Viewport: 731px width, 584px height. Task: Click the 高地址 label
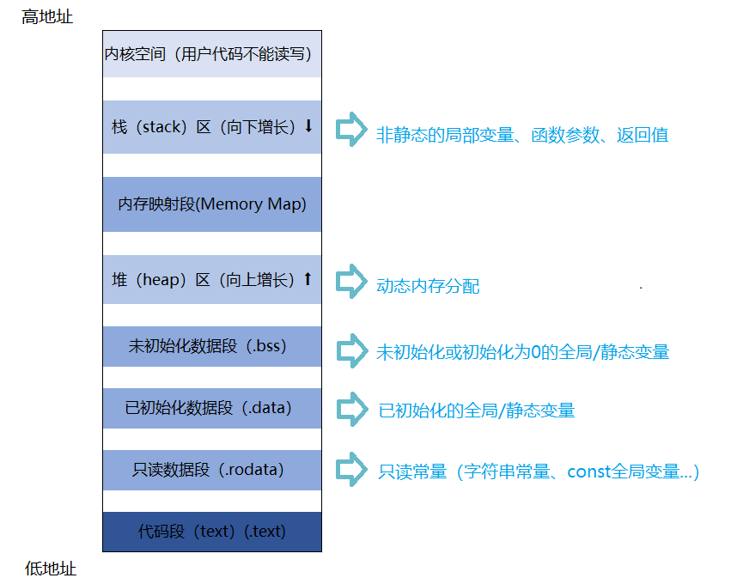[47, 17]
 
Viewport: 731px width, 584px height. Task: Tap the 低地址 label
[51, 568]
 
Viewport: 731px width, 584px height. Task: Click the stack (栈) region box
[211, 127]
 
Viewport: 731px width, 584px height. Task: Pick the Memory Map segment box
[211, 204]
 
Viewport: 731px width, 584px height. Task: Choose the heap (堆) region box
[211, 279]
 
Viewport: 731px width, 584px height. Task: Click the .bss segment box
[211, 347]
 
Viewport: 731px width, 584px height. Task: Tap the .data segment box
[211, 408]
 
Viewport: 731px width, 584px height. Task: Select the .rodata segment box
[211, 470]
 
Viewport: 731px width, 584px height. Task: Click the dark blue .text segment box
[211, 531]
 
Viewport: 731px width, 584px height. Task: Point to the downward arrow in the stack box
[309, 126]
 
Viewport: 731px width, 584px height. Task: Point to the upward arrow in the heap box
[308, 279]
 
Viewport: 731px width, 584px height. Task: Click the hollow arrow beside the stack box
[350, 130]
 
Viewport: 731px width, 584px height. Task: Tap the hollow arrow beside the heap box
[350, 280]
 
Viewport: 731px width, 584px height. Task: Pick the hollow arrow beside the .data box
[350, 408]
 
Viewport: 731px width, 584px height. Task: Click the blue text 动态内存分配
[428, 286]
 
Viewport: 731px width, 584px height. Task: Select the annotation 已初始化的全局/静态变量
[476, 411]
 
